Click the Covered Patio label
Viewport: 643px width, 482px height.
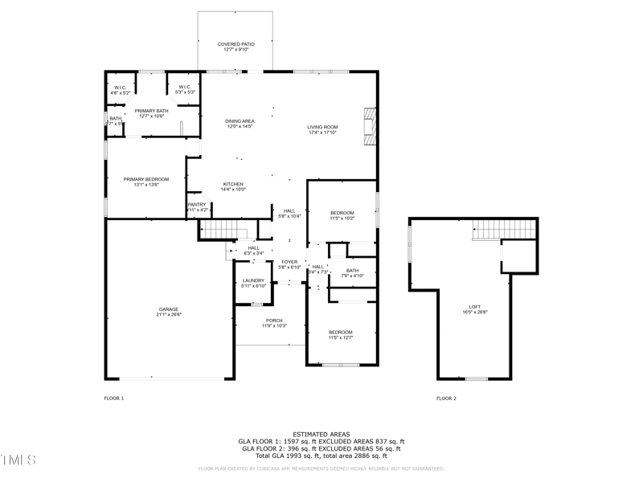pos(236,44)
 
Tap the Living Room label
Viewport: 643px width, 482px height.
pos(322,127)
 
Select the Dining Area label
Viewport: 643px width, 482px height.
pos(240,121)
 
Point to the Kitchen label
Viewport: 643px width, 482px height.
pos(233,184)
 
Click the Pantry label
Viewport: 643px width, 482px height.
pos(197,204)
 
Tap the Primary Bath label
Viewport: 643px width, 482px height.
pos(151,111)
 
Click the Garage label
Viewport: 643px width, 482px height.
pos(168,309)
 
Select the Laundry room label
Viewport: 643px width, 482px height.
pos(254,280)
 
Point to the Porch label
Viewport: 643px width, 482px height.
pos(273,320)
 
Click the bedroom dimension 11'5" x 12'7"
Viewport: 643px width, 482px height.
pos(340,337)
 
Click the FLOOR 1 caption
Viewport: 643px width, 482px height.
pos(115,398)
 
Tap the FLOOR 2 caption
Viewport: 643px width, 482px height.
pos(446,398)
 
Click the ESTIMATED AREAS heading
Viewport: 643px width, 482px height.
pos(321,435)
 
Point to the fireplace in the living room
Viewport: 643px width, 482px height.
pos(369,127)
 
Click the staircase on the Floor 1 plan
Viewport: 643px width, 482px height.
pos(217,230)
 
